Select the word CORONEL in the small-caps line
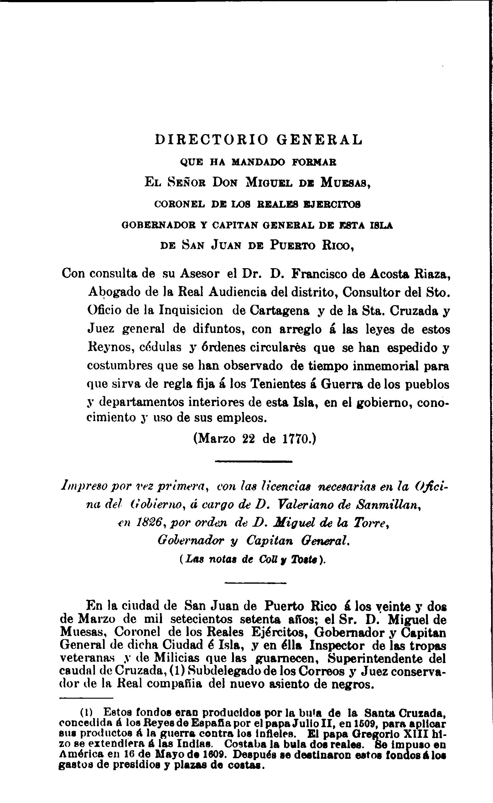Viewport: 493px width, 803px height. click(x=180, y=205)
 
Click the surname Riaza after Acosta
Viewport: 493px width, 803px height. click(x=432, y=274)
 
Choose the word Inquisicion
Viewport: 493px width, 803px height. click(x=191, y=310)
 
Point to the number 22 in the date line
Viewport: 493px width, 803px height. click(x=249, y=439)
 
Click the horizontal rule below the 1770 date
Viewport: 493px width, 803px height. click(x=254, y=461)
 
